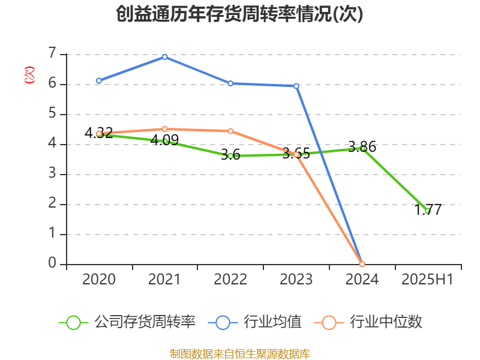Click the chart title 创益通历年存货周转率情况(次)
(240, 14)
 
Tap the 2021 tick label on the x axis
(164, 280)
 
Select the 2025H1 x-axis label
(427, 280)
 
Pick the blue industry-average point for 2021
(164, 56)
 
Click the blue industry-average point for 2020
(99, 80)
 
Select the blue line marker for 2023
(296, 86)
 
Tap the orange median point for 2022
(230, 131)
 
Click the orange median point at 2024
(362, 264)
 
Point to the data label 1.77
(428, 210)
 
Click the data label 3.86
(362, 146)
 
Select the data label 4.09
(165, 140)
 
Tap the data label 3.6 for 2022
(230, 155)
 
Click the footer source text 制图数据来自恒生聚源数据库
(240, 353)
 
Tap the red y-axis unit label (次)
(29, 75)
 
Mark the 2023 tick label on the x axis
(296, 280)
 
